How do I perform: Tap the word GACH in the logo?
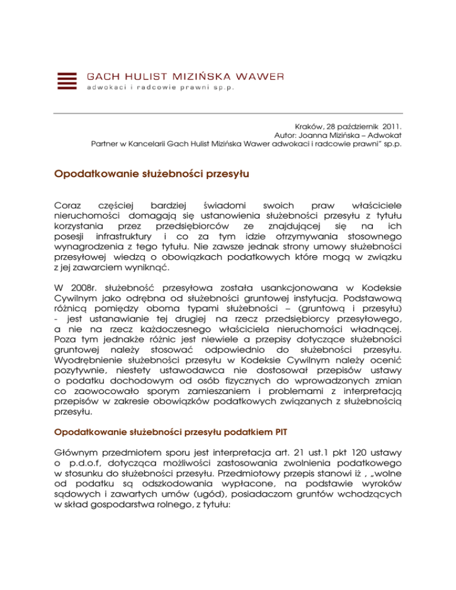pos(102,76)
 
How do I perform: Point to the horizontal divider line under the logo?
pos(228,113)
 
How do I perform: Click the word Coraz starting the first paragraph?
pos(68,204)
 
